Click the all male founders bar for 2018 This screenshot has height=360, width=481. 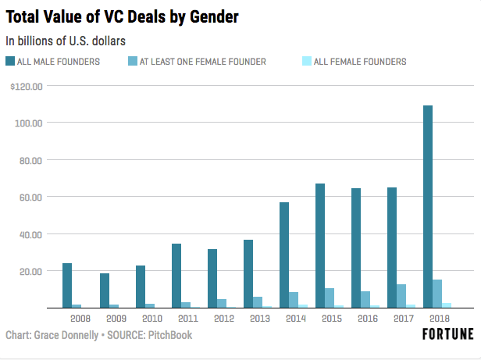point(427,206)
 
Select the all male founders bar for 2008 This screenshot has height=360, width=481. point(67,285)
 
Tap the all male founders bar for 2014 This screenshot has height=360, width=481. point(283,255)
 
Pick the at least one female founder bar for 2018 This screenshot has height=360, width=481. point(437,294)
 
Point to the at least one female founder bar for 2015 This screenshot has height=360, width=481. point(330,298)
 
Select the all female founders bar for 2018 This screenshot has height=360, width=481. point(447,305)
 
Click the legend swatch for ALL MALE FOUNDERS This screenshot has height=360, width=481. point(10,61)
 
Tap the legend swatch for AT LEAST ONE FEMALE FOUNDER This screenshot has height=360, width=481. point(132,61)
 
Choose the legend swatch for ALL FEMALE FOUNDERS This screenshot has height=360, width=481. point(306,61)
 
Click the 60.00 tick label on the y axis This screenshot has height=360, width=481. point(30,197)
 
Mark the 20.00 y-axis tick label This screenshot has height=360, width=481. point(30,271)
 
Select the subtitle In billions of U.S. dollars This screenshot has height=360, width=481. point(66,39)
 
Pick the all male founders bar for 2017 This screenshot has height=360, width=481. point(391,248)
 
